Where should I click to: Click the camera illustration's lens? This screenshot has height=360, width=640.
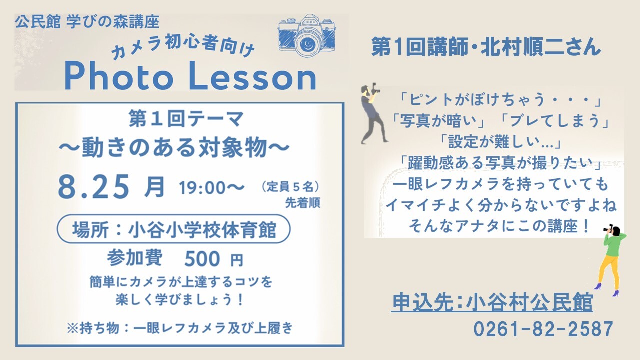(308, 43)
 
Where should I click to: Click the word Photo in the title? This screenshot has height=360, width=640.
(119, 77)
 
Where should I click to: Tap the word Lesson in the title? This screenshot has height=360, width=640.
(252, 77)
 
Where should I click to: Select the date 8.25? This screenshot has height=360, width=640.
(93, 187)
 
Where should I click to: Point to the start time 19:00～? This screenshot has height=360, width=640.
(211, 188)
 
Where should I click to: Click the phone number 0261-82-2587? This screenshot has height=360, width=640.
(543, 329)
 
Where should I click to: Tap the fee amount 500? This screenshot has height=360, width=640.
(202, 259)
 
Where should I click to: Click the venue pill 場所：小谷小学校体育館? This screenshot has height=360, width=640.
(173, 229)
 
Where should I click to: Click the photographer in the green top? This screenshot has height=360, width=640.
(611, 260)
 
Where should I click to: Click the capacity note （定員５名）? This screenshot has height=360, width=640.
(290, 187)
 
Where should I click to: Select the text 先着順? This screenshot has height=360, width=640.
(303, 203)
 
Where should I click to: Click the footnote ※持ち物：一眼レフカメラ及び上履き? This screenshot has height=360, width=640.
(180, 328)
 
